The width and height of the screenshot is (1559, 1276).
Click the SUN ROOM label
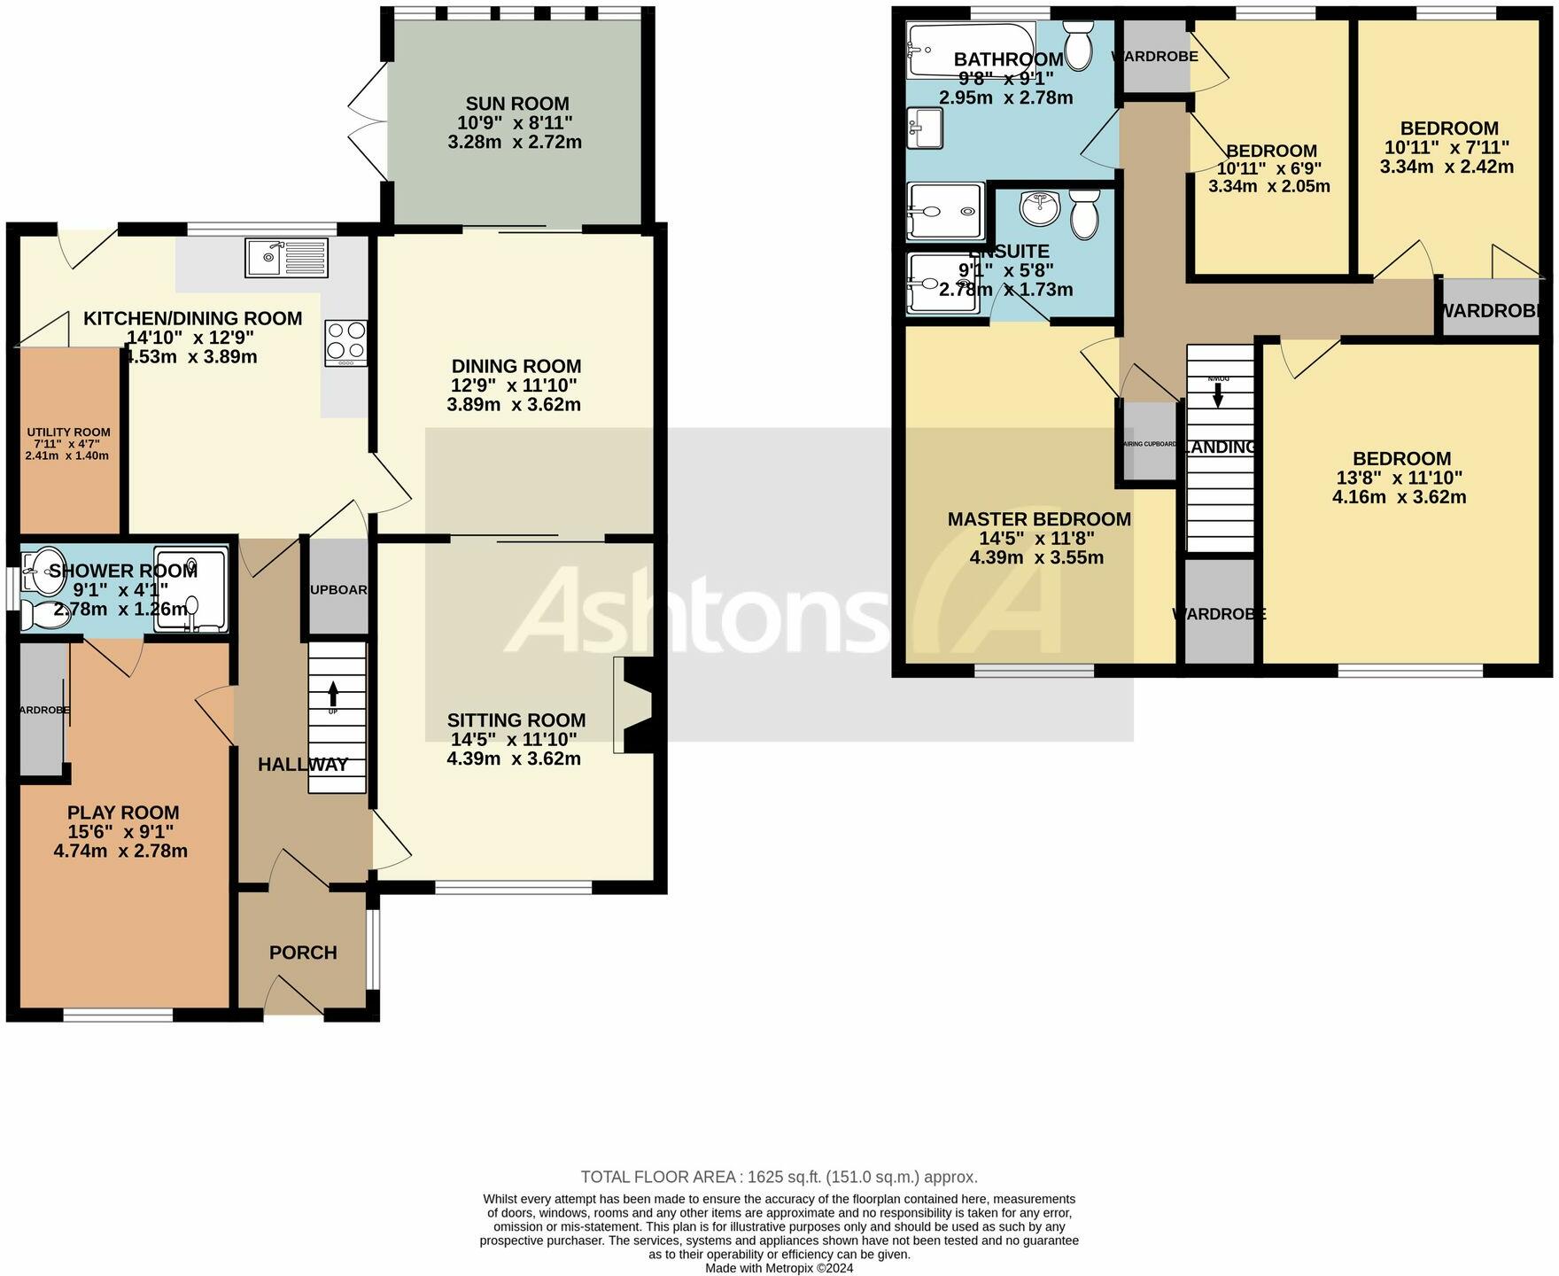click(517, 104)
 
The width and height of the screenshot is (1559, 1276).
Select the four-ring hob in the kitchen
click(346, 342)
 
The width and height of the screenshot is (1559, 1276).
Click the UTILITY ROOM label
click(68, 432)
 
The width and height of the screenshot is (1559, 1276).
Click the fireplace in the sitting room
click(633, 704)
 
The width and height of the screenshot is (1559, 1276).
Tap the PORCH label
click(303, 953)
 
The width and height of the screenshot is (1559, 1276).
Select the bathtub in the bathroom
click(970, 51)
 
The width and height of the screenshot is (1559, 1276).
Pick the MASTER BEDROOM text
click(1038, 519)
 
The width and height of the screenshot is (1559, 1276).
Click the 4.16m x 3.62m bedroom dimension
click(1400, 497)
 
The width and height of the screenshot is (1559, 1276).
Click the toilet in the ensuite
click(1084, 214)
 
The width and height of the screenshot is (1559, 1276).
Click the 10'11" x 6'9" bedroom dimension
click(1269, 168)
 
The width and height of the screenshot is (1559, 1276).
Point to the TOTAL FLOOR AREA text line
click(779, 1177)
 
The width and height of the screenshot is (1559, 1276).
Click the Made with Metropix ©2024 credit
click(779, 1268)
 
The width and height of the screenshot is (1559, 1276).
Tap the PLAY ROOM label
click(123, 813)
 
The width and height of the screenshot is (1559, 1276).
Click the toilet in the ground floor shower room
click(44, 614)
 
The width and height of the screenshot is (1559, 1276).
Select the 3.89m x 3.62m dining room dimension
click(514, 405)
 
